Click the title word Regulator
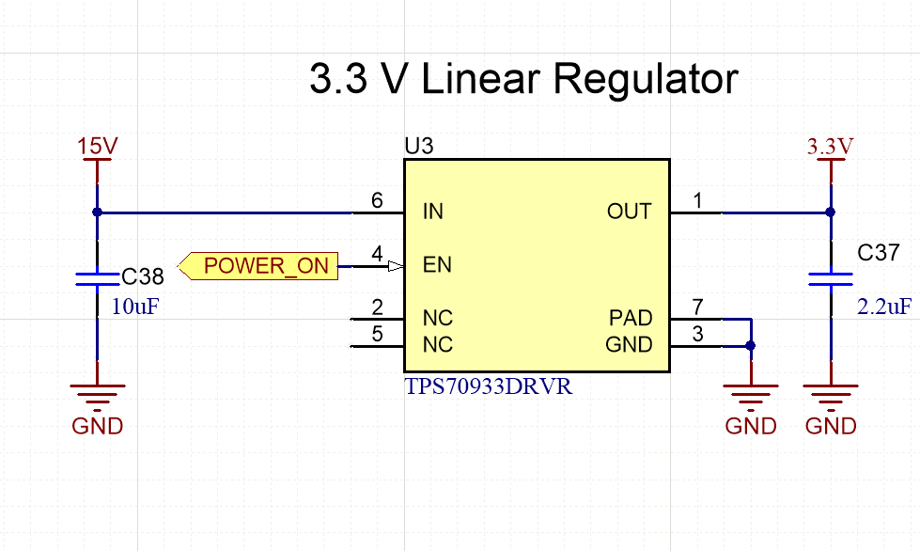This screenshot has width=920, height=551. coord(647,81)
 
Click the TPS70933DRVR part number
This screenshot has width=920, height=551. coord(488,386)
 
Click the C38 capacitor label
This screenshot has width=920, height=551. coord(143,276)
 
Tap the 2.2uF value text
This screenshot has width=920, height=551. coord(883,306)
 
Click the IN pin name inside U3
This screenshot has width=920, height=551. coord(432,212)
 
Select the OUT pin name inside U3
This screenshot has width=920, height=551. coord(629,212)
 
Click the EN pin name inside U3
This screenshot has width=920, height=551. coord(437,265)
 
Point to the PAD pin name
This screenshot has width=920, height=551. coord(631,319)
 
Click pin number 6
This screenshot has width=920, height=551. coord(377,199)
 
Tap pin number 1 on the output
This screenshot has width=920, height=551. coord(696,199)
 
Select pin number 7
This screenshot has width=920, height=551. coord(696,307)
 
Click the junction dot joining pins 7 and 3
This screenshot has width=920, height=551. coord(750,346)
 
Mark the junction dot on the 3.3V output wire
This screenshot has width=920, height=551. coord(830,213)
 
